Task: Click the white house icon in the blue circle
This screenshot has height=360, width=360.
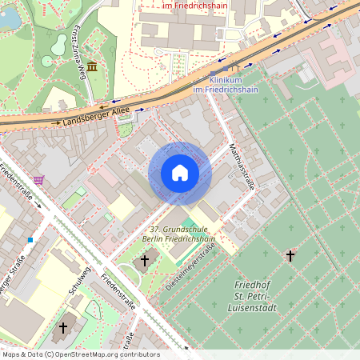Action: (x=180, y=173)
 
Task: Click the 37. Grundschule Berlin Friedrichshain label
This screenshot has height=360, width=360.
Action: (x=174, y=234)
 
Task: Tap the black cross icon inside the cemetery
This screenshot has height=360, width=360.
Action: (x=290, y=256)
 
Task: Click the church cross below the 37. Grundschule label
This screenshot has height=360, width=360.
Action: (x=144, y=260)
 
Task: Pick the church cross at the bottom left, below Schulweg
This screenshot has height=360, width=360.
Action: (x=63, y=327)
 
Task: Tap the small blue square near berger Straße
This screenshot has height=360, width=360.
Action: (x=30, y=239)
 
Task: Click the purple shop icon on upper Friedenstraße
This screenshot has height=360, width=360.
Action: (x=39, y=179)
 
